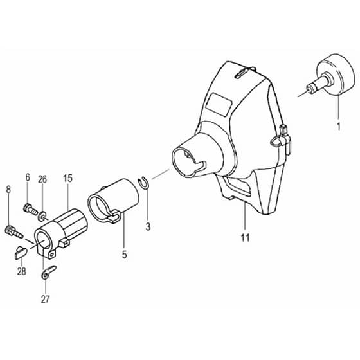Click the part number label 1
click(x=338, y=127)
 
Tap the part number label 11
click(x=245, y=237)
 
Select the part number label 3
click(x=148, y=226)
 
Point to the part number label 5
click(x=124, y=255)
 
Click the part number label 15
click(x=67, y=178)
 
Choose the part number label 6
click(x=28, y=177)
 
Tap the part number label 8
click(x=8, y=190)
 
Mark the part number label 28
click(x=22, y=271)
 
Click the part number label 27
click(x=45, y=299)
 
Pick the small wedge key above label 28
click(x=21, y=252)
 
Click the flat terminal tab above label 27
click(x=49, y=272)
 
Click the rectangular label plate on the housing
click(x=218, y=104)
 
